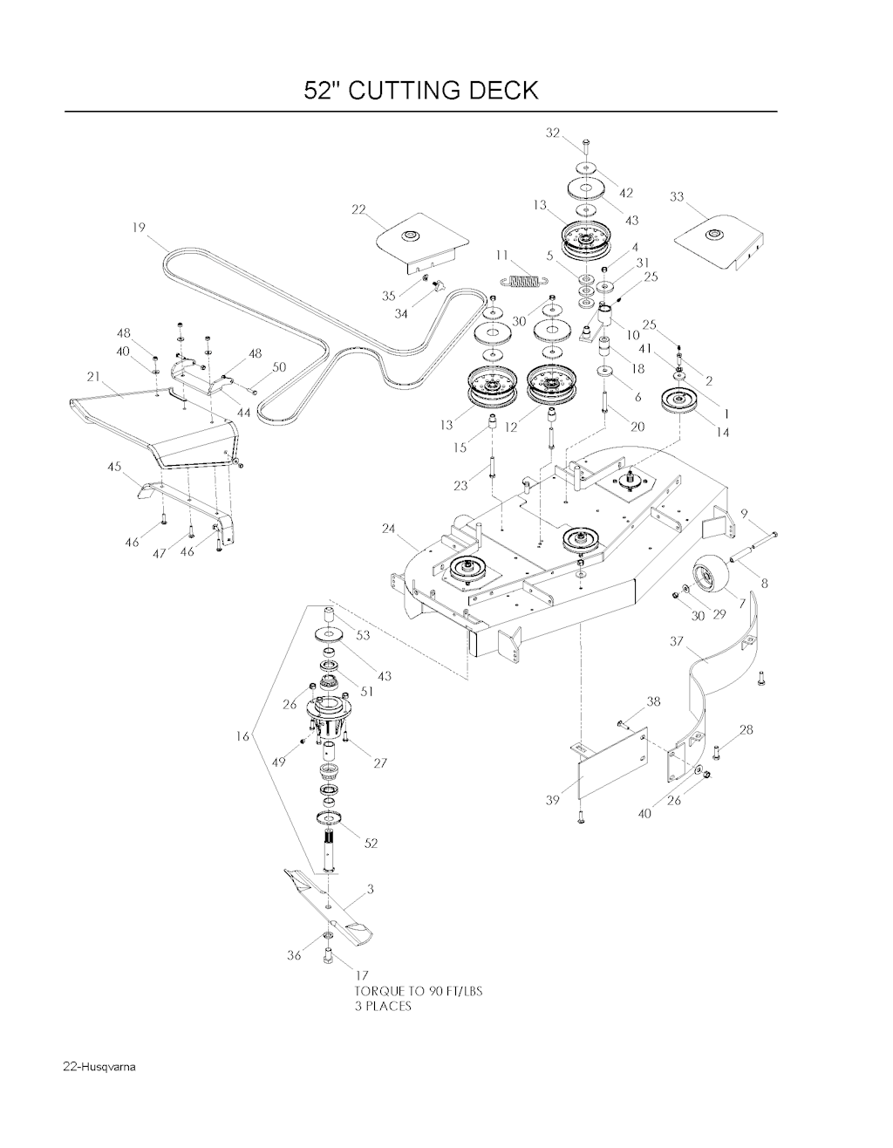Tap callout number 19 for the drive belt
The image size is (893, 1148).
[x=139, y=228]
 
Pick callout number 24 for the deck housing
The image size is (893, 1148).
[x=389, y=528]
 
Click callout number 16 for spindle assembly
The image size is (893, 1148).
[x=243, y=736]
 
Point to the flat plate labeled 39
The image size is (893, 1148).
[x=611, y=763]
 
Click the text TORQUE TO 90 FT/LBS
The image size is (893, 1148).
[x=419, y=991]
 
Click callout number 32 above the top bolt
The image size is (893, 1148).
[x=553, y=133]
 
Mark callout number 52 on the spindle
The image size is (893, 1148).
[x=371, y=844]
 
